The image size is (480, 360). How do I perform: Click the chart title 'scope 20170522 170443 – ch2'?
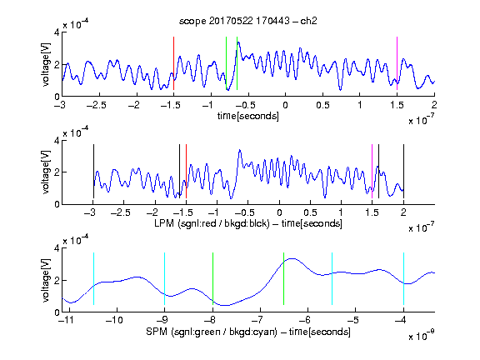[x=248, y=21]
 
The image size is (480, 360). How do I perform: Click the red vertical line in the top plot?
[x=173, y=63]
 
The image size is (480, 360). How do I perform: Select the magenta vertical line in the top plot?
[x=397, y=63]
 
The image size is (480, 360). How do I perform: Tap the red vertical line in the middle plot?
[x=186, y=171]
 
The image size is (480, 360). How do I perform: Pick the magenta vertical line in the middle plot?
[x=372, y=171]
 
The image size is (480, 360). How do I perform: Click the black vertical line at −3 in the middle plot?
[x=93, y=171]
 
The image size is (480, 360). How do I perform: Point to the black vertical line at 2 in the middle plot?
[x=403, y=171]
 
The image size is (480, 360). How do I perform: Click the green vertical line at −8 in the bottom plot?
[x=212, y=278]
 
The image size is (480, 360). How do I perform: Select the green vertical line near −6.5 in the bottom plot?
[x=284, y=278]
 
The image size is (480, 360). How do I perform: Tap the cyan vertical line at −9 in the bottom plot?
[x=164, y=278]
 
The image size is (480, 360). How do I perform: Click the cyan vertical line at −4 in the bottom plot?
[x=403, y=278]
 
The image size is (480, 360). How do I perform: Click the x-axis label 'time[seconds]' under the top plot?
[x=248, y=117]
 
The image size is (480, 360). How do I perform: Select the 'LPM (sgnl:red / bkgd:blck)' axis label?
[x=212, y=223]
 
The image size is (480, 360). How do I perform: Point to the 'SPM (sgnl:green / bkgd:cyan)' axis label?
[x=212, y=332]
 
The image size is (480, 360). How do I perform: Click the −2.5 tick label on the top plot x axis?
[x=96, y=105]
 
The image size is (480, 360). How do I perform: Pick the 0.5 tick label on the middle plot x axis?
[x=310, y=212]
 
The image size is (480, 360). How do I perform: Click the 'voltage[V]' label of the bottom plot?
[x=46, y=280]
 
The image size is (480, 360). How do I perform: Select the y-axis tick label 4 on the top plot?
[x=57, y=32]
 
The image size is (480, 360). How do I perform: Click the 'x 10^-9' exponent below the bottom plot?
[x=422, y=336]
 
